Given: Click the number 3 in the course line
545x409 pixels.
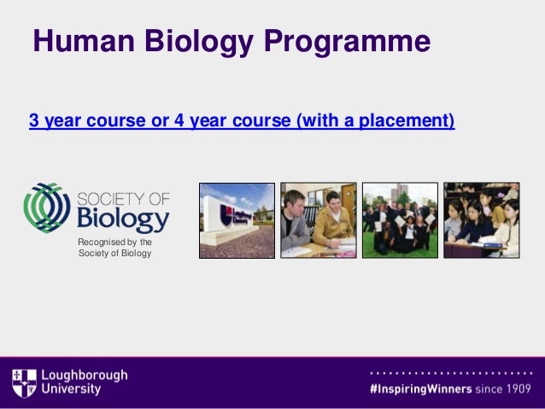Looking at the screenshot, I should click(x=34, y=120).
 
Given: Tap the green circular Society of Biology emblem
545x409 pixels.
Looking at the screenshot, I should click(x=48, y=207).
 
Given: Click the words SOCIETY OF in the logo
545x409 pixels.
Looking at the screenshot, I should click(x=124, y=199).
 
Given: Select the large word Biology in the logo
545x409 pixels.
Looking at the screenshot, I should click(x=124, y=220).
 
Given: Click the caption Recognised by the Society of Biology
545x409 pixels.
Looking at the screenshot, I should click(x=114, y=248).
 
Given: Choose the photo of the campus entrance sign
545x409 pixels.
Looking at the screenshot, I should click(x=237, y=220).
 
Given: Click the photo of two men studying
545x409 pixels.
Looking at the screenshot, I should click(x=319, y=220).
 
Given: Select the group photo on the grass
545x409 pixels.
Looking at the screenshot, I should click(x=400, y=220).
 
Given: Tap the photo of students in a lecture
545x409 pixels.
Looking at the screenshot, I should click(x=481, y=220).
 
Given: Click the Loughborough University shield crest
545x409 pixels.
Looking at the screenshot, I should click(x=24, y=382).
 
